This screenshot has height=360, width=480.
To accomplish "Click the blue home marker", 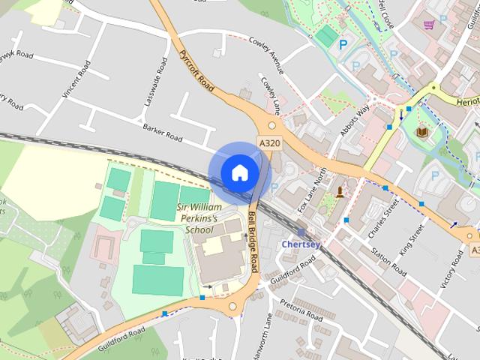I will click(x=239, y=172).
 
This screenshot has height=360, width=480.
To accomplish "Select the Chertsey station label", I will click(x=303, y=244).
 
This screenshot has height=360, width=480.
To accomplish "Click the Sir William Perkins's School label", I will click(x=199, y=217).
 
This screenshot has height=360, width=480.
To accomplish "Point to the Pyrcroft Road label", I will click(x=197, y=72).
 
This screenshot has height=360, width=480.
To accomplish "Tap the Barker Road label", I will click(x=163, y=133).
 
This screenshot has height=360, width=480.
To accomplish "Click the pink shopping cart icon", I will click(x=429, y=24).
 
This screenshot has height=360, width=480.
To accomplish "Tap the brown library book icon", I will click(x=423, y=133).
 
